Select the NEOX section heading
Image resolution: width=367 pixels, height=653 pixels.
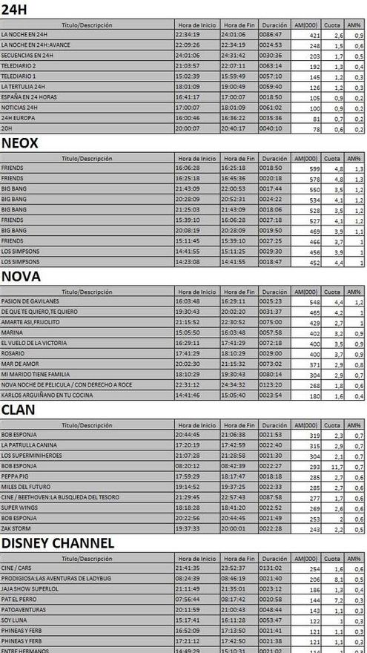click(x=20, y=143)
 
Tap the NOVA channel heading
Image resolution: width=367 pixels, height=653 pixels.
click(x=22, y=277)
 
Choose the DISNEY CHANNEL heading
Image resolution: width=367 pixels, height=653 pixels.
click(x=58, y=543)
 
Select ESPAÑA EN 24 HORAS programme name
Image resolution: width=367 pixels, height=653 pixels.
click(x=29, y=97)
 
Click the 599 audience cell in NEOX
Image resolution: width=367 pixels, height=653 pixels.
click(x=313, y=168)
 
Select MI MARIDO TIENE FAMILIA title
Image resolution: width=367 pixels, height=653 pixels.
click(x=36, y=375)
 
